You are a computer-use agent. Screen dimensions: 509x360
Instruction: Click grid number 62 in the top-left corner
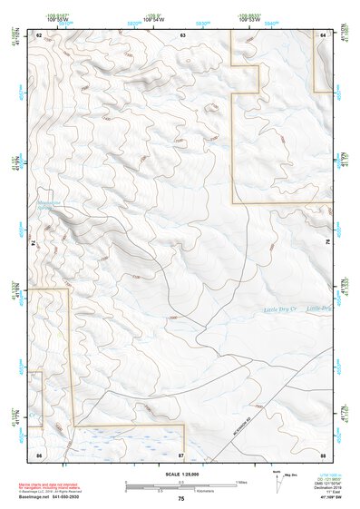tap(39, 34)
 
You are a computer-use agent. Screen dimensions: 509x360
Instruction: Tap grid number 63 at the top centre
tap(182, 34)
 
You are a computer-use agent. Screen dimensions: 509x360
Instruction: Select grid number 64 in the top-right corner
tap(323, 34)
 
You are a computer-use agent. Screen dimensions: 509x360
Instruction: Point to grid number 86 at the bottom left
tap(39, 453)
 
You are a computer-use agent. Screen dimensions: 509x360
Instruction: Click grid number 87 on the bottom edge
tap(181, 453)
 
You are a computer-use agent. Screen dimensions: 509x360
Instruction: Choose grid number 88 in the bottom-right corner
tap(323, 453)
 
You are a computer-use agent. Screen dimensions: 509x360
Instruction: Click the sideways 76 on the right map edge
tap(328, 243)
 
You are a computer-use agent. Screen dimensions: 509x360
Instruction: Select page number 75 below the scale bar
tap(181, 499)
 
